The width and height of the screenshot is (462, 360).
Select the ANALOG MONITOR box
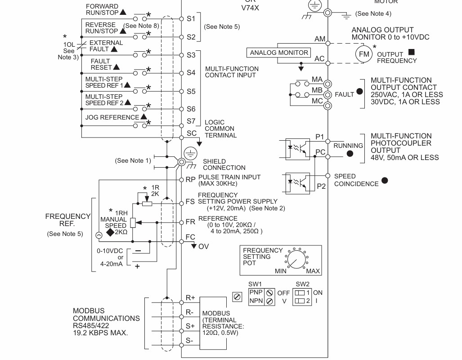[x=279, y=53]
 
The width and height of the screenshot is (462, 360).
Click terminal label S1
[x=191, y=19]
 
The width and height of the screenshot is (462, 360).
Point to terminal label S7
[x=191, y=121]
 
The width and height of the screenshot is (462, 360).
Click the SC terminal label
[x=192, y=133]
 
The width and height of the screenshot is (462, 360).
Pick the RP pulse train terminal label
[x=191, y=180]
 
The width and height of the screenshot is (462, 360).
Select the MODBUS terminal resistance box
[x=213, y=323]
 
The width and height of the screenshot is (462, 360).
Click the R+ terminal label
[x=190, y=298]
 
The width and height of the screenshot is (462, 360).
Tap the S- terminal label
[x=189, y=341]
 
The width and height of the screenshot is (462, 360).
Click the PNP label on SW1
[x=256, y=292]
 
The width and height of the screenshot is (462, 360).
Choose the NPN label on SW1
[x=256, y=301]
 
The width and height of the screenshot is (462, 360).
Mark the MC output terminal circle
[x=327, y=106]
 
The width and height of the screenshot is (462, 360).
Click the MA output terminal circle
[x=327, y=84]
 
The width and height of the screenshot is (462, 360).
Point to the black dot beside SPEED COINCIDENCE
[x=385, y=180]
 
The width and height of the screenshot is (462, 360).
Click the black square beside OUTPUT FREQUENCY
[x=412, y=52]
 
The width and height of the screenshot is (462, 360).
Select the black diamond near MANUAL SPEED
[x=110, y=232]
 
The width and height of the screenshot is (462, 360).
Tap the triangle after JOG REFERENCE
[x=144, y=116]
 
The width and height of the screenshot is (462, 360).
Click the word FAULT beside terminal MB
[x=345, y=94]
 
